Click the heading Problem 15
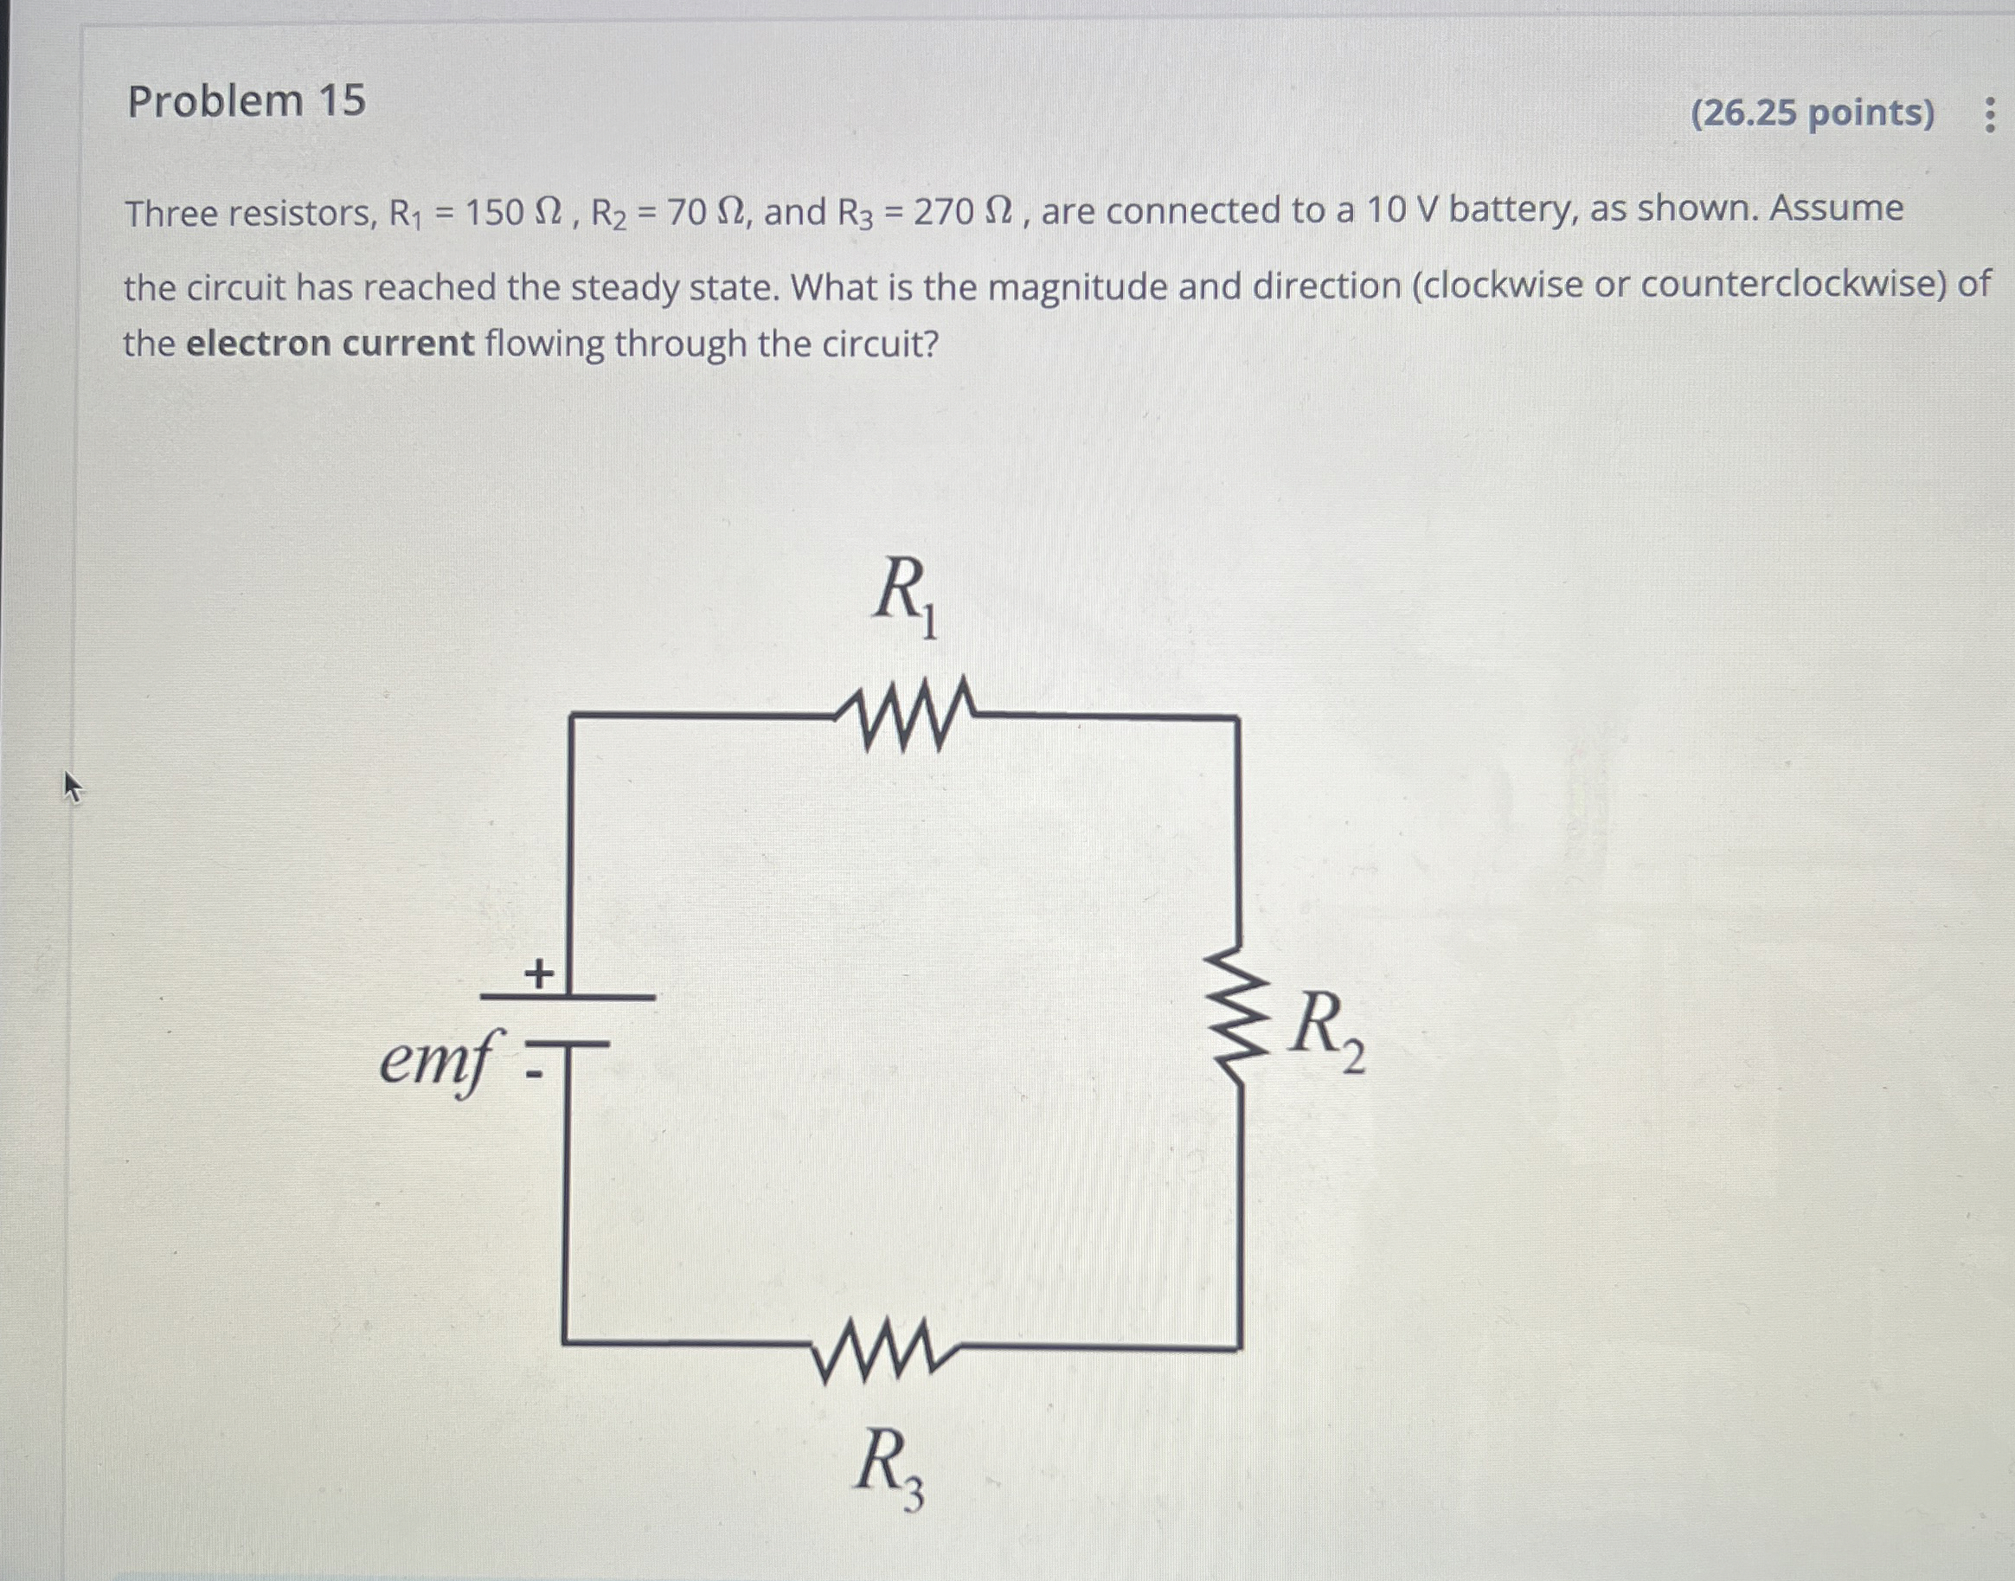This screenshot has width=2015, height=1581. (247, 101)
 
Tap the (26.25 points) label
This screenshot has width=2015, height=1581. (1813, 112)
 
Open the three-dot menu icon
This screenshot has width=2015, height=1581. (1989, 116)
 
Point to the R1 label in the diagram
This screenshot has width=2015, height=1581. (904, 597)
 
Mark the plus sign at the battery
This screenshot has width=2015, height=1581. (539, 973)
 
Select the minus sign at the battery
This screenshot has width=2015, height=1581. (533, 1075)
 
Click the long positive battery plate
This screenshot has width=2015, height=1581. (568, 997)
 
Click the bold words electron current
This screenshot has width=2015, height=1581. (330, 344)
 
